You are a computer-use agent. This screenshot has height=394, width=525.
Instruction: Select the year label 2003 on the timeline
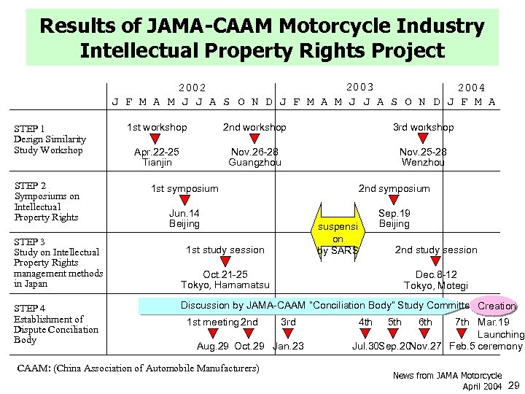point(361,88)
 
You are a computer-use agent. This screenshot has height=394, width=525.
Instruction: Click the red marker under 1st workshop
point(155,139)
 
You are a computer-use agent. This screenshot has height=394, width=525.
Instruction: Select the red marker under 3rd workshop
point(424,139)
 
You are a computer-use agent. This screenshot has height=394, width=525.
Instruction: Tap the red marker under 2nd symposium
point(394,201)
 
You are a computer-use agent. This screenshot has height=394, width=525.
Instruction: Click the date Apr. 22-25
point(157,152)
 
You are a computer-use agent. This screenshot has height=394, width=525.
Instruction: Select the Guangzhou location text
point(254,162)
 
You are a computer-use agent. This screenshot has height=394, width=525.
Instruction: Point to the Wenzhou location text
point(423,162)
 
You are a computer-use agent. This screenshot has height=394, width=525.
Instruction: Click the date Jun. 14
point(184,213)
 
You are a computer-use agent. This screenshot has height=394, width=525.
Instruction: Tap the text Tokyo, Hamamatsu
point(225,285)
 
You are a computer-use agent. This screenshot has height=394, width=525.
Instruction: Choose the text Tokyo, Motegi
point(437,285)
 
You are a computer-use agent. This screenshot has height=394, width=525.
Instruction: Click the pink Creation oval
point(496,306)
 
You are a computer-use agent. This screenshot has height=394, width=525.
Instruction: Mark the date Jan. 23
point(288,346)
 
